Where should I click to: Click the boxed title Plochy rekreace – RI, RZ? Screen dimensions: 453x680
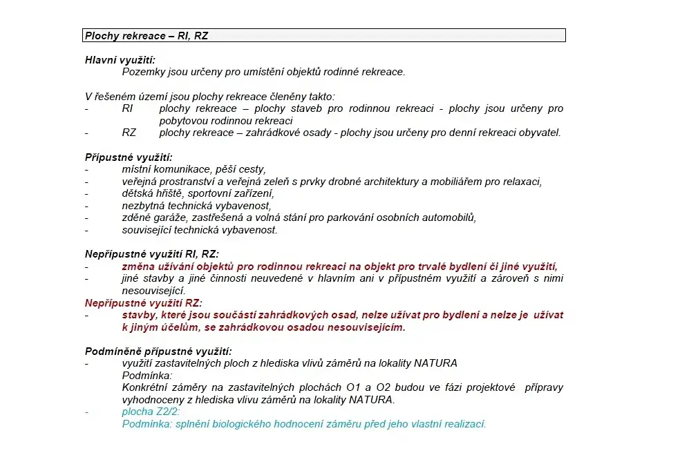pos(146,36)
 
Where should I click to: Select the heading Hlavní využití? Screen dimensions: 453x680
pos(120,60)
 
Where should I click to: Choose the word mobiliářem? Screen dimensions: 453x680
pos(456,182)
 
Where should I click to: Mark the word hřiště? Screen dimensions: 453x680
pos(173,193)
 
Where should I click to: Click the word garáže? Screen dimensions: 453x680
pos(174,218)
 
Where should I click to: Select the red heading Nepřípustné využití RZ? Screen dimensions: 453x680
pos(143,302)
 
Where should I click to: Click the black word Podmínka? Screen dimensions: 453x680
pos(147,376)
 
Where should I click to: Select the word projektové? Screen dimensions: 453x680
pos(489,388)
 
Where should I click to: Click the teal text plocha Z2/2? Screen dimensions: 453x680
pos(151,412)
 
